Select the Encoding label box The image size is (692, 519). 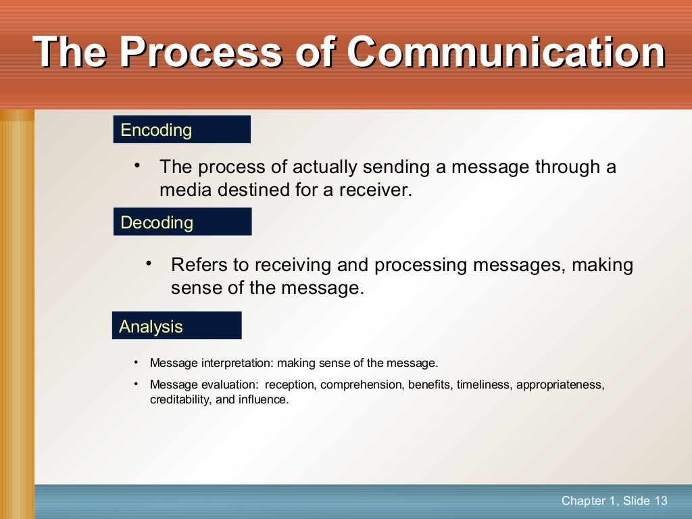point(182,130)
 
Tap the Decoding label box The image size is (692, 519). point(182,222)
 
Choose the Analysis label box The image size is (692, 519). point(176,326)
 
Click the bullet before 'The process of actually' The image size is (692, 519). point(137,166)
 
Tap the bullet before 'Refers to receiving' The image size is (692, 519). point(149,264)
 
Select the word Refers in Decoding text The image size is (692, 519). point(194,265)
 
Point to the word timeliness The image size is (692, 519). point(479,385)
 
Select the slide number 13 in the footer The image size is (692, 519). point(661,501)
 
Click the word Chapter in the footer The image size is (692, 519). point(584,501)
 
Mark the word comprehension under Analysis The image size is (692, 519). point(360,385)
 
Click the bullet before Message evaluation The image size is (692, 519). point(136,384)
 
